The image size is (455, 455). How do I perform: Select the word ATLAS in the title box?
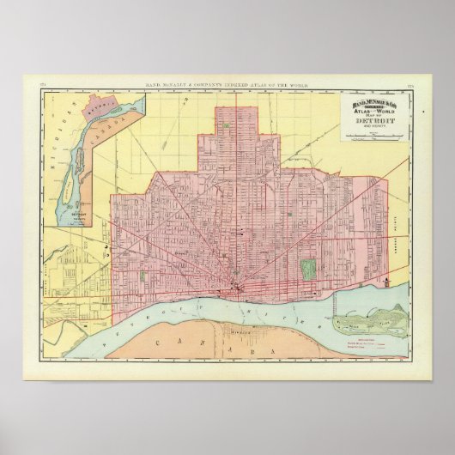pos(365,113)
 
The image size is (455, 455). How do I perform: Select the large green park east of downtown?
pos(308,269)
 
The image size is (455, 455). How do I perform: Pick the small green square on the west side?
pos(143,276)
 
